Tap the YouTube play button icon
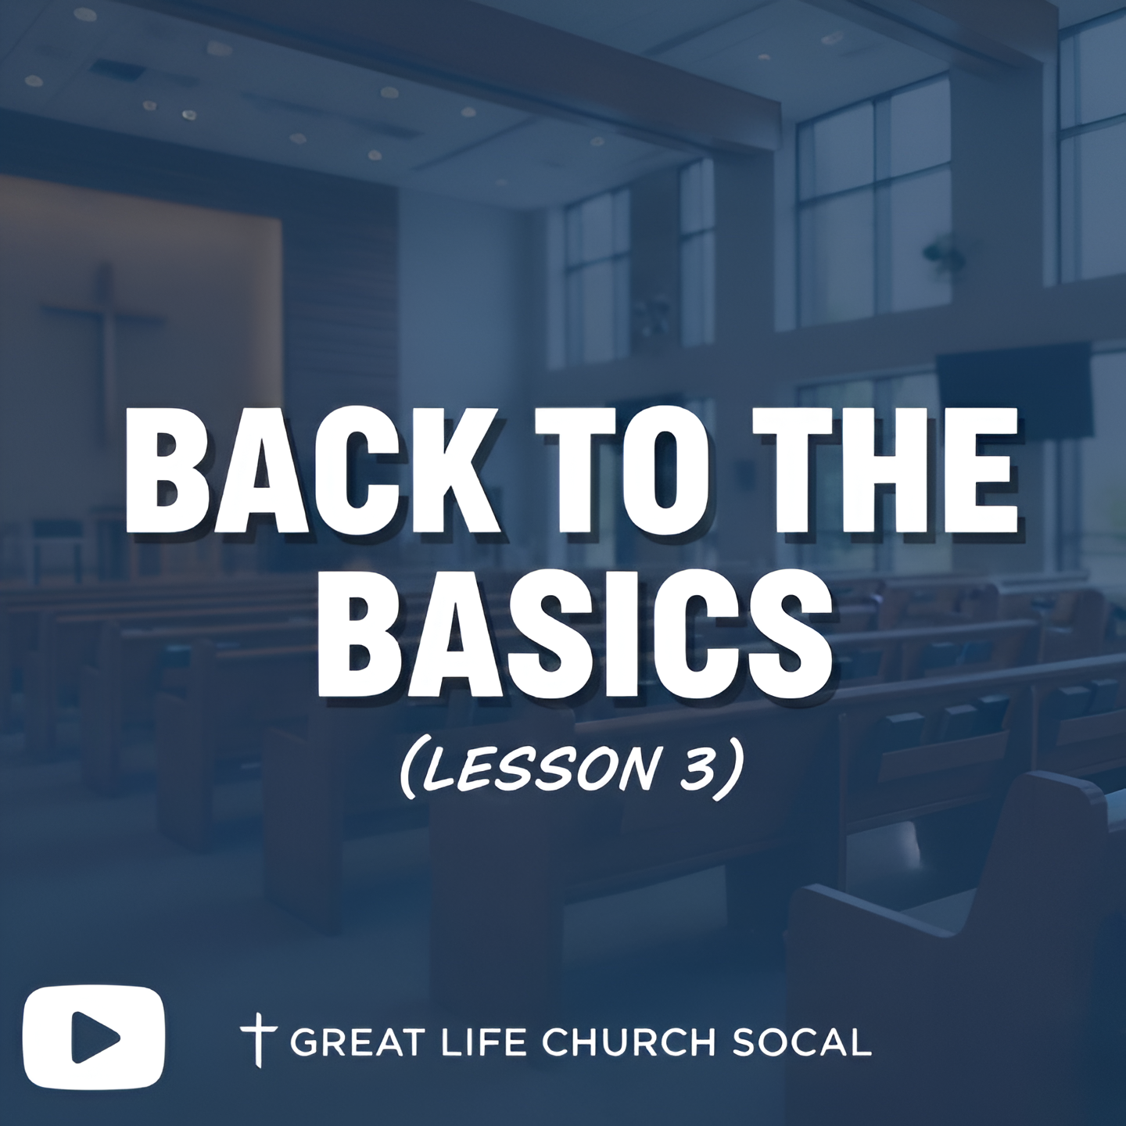coord(94,1038)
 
